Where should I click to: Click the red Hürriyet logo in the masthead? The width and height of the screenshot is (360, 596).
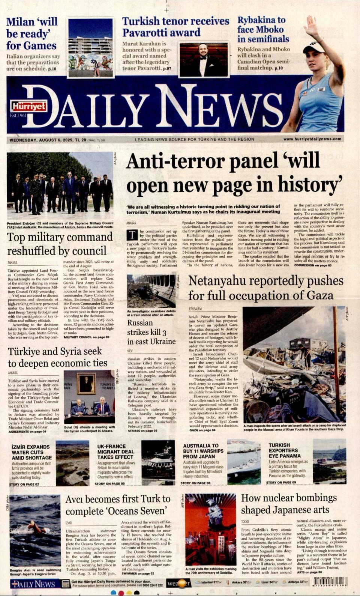coord(23,106)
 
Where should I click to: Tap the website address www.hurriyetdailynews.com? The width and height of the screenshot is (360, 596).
coord(312,139)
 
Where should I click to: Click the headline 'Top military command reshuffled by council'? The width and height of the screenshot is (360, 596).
coord(60,244)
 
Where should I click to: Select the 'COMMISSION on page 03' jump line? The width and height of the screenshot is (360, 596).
coord(313,265)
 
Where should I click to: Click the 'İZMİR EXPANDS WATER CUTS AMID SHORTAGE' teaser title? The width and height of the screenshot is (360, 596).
coord(31,452)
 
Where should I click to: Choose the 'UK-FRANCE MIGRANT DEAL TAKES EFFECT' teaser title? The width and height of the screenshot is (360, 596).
coord(115,452)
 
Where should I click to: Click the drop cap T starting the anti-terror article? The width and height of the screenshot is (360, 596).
coord(132,235)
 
